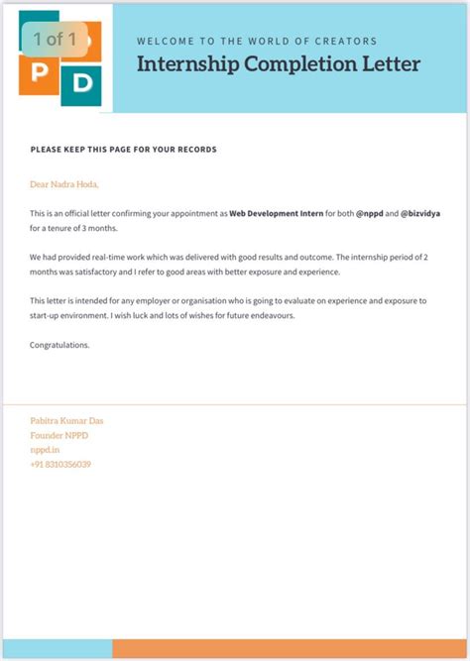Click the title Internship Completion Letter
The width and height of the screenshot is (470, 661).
click(279, 65)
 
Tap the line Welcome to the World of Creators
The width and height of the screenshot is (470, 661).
click(256, 42)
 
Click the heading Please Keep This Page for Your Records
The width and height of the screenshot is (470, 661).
click(123, 150)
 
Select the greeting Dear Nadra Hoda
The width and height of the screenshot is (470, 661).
click(64, 184)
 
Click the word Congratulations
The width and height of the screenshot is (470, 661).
click(59, 345)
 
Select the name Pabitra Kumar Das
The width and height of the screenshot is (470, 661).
click(66, 420)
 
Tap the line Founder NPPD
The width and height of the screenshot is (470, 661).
click(59, 435)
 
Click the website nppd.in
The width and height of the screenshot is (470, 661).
click(45, 449)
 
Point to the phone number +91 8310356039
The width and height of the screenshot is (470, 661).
click(60, 464)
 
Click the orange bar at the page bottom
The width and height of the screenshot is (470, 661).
click(291, 649)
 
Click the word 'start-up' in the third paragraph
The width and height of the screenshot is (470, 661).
click(49, 315)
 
